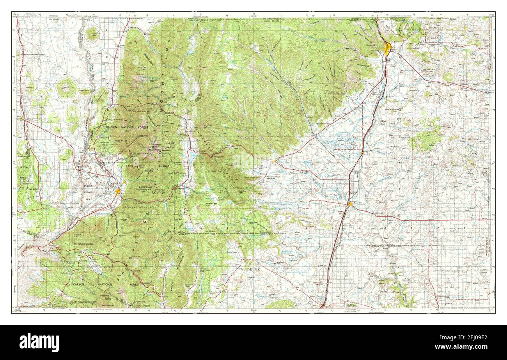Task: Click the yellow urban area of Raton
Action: click(387, 49)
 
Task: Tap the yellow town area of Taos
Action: click(118, 191)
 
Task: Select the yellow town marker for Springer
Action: click(349, 203)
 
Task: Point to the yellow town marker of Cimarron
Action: click(276, 160)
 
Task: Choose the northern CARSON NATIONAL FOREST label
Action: click(124, 127)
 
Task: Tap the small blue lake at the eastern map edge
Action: click(487, 92)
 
